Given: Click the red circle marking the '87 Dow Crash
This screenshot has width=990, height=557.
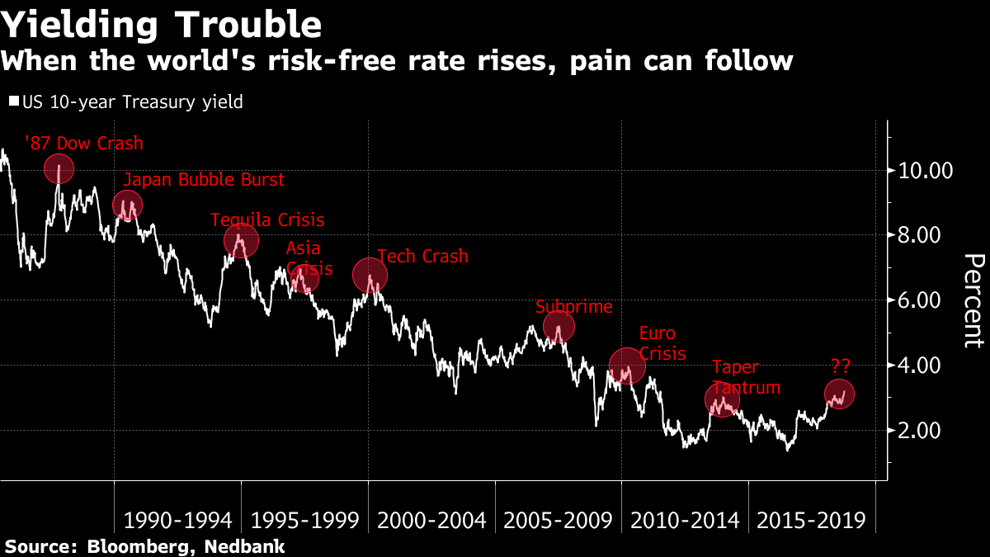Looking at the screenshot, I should click(59, 169).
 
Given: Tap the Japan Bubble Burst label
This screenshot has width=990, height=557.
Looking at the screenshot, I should click(203, 180).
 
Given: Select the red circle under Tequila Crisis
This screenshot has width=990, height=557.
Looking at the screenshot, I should click(241, 240).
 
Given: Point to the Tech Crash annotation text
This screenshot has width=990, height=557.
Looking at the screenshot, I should click(422, 257).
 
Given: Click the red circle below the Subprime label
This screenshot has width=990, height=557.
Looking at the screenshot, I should click(559, 327).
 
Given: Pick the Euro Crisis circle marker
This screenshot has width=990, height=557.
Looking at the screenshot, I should click(626, 365).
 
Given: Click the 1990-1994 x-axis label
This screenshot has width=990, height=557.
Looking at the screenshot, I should click(177, 521).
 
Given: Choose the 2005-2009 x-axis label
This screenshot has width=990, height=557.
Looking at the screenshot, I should click(558, 521).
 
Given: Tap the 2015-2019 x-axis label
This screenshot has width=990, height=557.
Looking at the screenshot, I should click(811, 521).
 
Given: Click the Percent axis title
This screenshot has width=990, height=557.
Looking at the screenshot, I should click(973, 300).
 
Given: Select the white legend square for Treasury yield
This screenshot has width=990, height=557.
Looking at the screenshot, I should click(12, 102).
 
